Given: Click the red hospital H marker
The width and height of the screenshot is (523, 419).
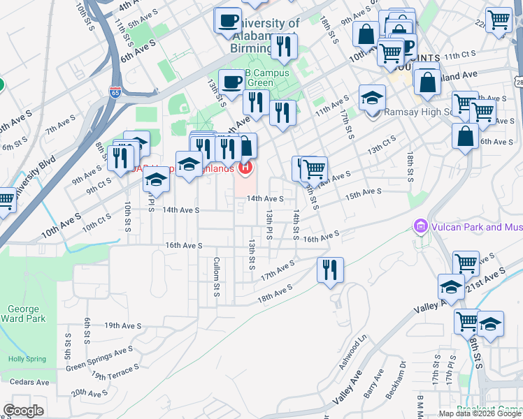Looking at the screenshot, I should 245,168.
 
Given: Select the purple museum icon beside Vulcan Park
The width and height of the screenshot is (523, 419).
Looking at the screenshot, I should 420,227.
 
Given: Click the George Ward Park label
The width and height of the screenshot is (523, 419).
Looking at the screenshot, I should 23,314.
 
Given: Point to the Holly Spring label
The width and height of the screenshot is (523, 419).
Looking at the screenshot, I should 27,359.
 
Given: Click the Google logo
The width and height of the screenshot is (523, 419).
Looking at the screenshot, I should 23,411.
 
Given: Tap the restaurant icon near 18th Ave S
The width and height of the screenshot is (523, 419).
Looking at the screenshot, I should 329,269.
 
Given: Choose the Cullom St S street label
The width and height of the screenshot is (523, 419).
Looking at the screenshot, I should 217,276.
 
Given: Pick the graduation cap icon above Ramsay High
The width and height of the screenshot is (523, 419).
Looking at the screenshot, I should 373,96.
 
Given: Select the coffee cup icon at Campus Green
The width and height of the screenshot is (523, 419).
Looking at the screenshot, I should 231,81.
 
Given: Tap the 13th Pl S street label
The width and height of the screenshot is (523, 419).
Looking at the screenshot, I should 268,223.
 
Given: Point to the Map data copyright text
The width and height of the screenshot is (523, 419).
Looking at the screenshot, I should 479,413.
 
